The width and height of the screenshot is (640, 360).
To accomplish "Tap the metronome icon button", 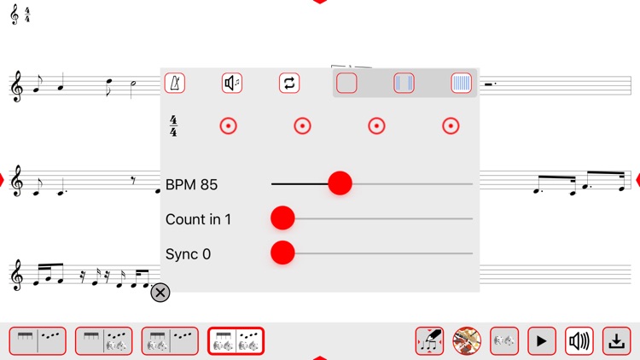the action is point(175,84).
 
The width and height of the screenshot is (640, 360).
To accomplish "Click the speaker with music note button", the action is point(232,84).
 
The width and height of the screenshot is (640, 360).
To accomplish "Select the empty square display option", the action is point(346,84).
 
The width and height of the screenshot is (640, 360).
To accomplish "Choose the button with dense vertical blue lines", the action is point(461,84).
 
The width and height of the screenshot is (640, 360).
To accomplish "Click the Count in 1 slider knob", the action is point(282,218).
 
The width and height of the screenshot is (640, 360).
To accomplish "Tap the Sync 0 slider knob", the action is point(282,253).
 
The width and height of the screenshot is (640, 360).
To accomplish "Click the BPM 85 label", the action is point(191,184).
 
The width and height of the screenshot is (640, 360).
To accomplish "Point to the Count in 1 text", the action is point(198,219).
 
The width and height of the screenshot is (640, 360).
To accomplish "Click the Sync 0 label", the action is point(189,254).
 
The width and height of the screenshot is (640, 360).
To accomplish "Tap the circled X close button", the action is point(160,293).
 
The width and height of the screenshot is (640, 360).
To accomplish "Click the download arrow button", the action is point(616,341).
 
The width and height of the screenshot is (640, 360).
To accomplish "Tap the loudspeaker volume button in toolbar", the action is point(579,341).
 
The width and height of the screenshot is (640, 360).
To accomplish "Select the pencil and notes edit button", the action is point(429,341).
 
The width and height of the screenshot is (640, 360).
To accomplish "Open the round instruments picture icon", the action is point(467,341).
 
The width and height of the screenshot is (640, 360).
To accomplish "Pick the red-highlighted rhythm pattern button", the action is point(236,341).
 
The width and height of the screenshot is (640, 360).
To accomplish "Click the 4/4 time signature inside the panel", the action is point(173,126).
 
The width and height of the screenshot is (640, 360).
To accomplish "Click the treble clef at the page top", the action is point(15,15).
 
